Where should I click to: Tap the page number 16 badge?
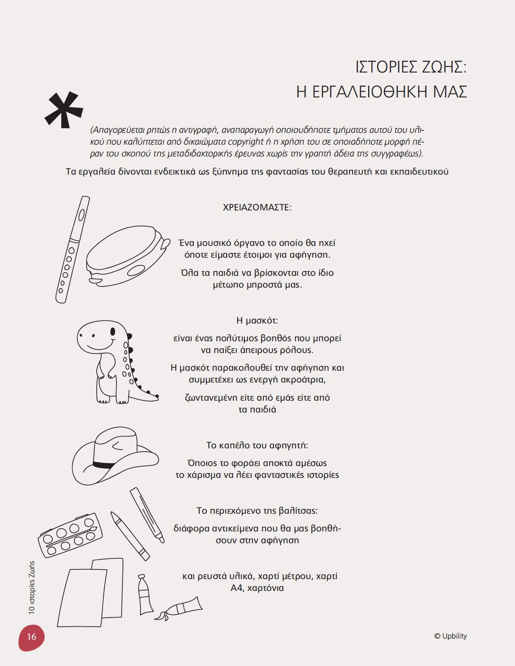pos(31,637)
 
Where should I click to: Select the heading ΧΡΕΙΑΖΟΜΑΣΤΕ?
pos(257,208)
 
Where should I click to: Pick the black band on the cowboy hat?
pos(104,465)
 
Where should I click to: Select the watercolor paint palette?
pos(70,535)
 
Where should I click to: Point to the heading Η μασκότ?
pos(257,320)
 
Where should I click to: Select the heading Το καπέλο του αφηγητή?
pos(257,446)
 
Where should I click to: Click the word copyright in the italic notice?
pos(246,142)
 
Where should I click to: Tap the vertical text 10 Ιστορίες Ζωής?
pos(32,588)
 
